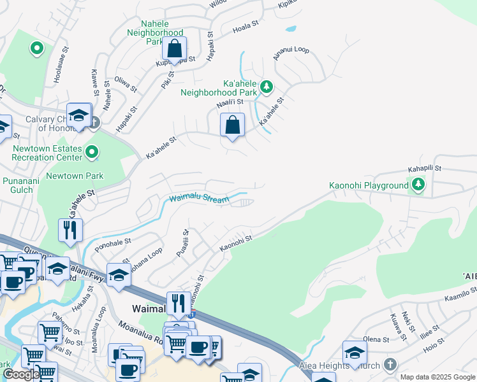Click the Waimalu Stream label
[x=198, y=199]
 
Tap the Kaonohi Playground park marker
[x=418, y=185]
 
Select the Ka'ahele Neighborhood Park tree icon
[x=267, y=86]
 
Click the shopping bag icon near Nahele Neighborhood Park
[x=173, y=49]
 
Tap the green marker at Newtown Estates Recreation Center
[x=92, y=152]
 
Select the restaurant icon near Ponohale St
[x=70, y=230]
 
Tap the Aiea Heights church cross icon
[x=390, y=365]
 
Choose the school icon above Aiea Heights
[x=355, y=352]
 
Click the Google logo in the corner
[x=20, y=375]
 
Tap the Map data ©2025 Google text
[x=437, y=377]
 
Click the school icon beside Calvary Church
[x=78, y=115]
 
